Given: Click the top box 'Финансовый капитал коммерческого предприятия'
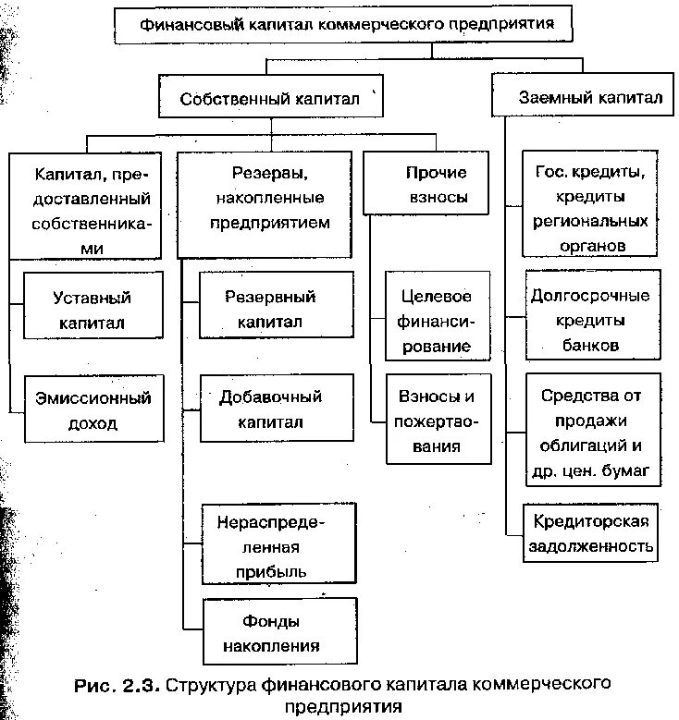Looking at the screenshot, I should point(346,25).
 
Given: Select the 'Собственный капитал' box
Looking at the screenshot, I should point(269,98).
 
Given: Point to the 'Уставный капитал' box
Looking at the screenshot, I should point(93,310).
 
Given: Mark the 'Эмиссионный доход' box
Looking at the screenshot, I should point(93,411).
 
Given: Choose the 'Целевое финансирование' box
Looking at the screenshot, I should point(437,321).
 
